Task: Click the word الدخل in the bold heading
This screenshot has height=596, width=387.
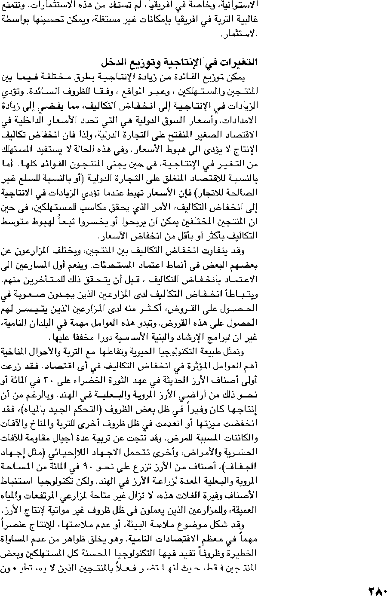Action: pos(114,63)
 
